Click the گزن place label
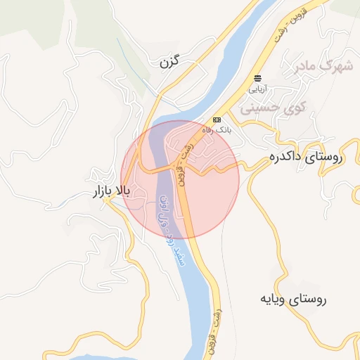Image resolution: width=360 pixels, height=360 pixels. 170,62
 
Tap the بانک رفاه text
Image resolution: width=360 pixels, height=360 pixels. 217,131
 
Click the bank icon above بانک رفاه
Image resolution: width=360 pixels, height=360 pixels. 217,120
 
